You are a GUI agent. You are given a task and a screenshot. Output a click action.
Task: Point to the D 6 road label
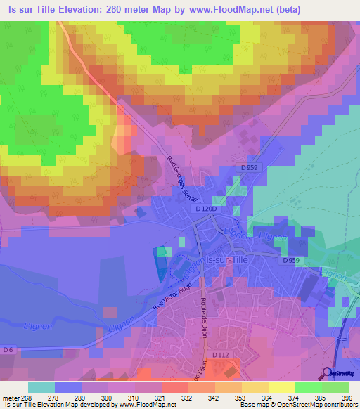pos(8,349)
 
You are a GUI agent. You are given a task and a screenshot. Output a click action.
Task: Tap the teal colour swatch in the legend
pos(41,387)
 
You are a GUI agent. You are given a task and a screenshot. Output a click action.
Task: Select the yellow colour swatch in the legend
pos(281,387)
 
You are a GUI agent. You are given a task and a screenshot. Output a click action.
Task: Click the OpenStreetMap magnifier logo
pos(328,372)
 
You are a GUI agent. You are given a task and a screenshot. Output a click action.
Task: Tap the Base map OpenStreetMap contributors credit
pos(303,405)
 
